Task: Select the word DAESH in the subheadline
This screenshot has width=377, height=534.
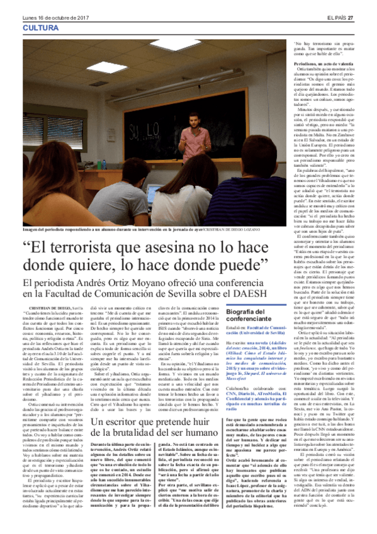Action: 258,294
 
